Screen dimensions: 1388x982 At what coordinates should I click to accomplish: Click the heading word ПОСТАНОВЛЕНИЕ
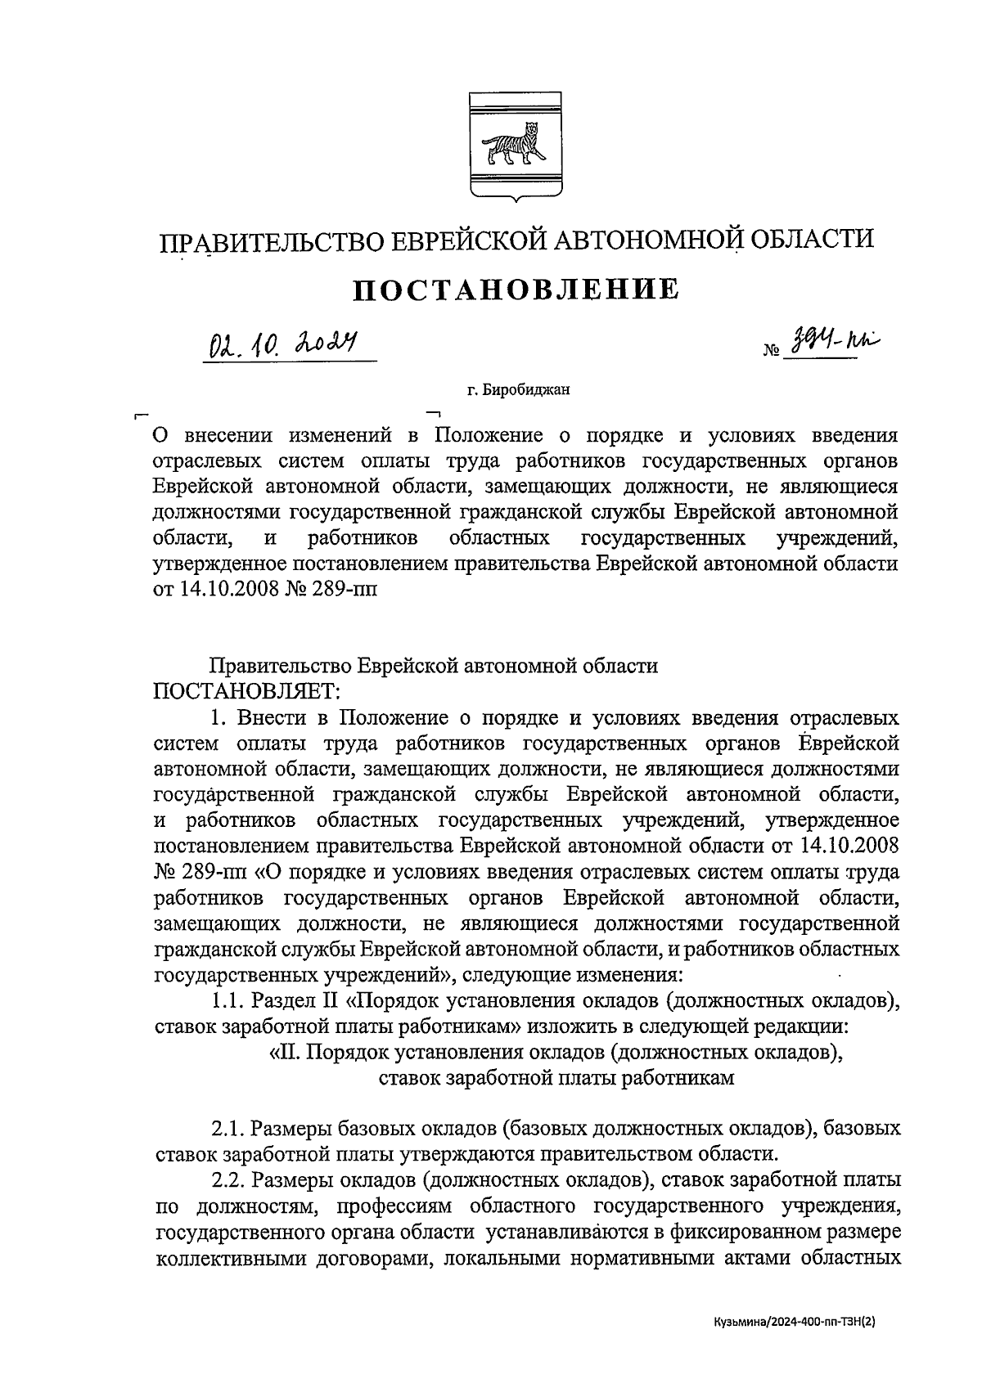point(516,289)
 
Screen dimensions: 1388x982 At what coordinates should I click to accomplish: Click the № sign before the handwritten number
point(770,353)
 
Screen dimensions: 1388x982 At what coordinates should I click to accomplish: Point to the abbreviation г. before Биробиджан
point(472,391)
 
